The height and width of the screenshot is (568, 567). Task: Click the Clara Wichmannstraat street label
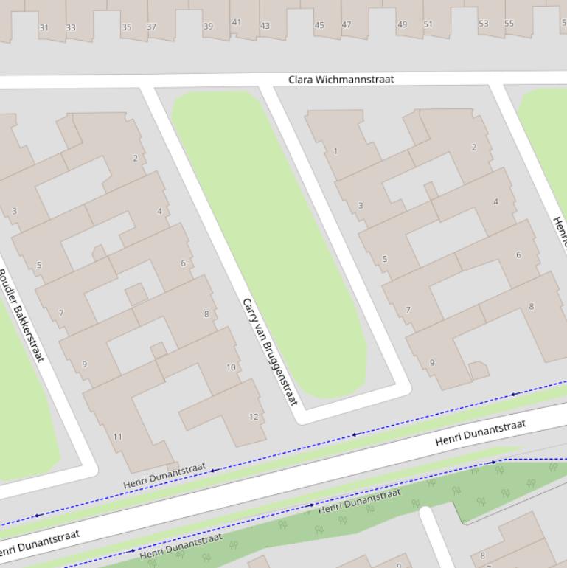[341, 79]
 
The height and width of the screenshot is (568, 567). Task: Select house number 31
[44, 28]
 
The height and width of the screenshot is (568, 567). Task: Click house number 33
[71, 28]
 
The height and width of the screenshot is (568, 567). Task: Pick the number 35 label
[127, 27]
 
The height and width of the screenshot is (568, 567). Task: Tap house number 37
[151, 27]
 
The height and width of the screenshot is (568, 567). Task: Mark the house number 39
[208, 26]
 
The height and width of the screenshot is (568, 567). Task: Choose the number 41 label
[237, 22]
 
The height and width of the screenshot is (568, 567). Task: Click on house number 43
[265, 26]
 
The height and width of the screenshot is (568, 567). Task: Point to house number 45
[319, 25]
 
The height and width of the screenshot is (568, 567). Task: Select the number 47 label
[347, 24]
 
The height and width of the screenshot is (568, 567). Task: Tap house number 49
[402, 24]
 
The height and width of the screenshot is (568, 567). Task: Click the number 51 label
[428, 24]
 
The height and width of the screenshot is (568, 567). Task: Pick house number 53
[483, 24]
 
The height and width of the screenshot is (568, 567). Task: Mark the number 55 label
[509, 24]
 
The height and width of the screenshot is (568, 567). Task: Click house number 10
[231, 367]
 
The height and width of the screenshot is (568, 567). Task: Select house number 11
[117, 437]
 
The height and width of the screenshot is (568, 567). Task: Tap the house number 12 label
[254, 417]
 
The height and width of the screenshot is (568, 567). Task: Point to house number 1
[335, 151]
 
